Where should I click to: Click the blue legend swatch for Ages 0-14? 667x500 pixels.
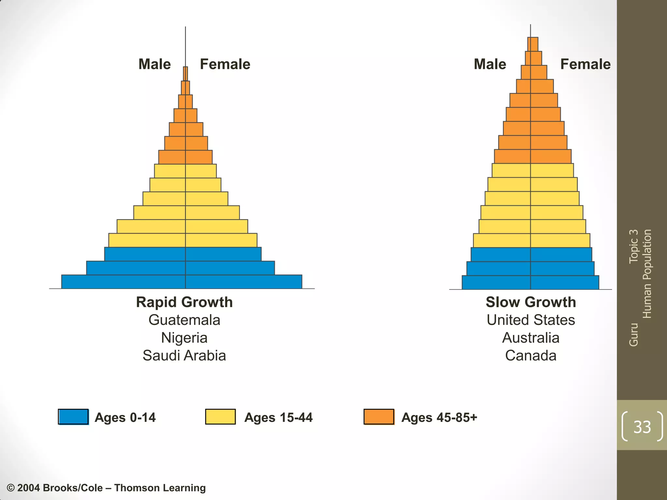[x=73, y=417]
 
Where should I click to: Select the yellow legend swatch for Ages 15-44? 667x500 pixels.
[x=220, y=417]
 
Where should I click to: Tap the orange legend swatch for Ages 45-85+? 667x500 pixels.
[x=379, y=417]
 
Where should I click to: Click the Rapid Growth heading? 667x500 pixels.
[x=184, y=302]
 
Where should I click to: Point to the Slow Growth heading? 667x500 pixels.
[x=531, y=302]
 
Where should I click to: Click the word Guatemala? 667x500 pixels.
[x=184, y=320]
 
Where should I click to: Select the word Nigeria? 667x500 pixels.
[x=184, y=338]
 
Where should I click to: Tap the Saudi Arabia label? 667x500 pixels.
[x=184, y=355]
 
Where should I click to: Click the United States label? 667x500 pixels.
[x=531, y=320]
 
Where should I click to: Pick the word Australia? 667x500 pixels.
[x=531, y=338]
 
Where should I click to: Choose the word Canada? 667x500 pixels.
[x=531, y=355]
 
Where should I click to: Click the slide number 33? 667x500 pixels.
[x=642, y=427]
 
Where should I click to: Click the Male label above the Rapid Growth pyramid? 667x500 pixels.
[x=155, y=64]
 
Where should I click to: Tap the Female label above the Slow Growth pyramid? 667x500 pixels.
[x=585, y=64]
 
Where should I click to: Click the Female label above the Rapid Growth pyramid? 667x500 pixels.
[x=225, y=64]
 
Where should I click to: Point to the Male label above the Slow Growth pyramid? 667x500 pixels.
[x=490, y=64]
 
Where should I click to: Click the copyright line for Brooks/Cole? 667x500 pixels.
[x=106, y=488]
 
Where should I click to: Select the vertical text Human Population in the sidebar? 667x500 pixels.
[x=647, y=274]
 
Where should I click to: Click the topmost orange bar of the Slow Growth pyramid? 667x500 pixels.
[x=533, y=44]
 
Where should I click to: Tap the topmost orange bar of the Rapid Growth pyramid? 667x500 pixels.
[x=185, y=74]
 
